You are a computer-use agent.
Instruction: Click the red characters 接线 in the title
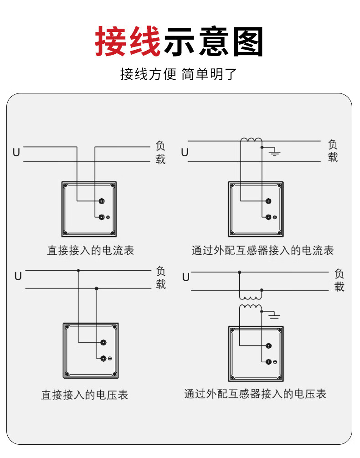tap(128, 41)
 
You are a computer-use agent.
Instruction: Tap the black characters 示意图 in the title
tap(213, 41)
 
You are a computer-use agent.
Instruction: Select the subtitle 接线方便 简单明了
tap(178, 74)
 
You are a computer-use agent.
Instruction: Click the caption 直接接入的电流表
tap(91, 251)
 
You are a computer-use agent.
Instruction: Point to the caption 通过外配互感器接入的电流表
tap(262, 251)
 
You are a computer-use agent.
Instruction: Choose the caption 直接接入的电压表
tap(85, 395)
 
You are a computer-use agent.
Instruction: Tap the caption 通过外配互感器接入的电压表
tap(255, 394)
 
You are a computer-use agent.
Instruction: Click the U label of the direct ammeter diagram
tap(16, 153)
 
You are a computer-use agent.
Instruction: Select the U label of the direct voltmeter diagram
tap(18, 276)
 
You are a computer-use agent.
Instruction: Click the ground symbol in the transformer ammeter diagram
tap(274, 151)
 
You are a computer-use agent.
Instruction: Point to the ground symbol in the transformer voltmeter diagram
tap(274, 315)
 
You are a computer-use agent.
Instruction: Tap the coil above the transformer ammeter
tap(251, 140)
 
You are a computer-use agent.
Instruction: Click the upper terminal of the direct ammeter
tap(101, 201)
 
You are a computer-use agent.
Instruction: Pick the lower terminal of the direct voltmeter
tap(103, 358)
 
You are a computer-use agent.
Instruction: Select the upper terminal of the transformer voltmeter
tap(268, 346)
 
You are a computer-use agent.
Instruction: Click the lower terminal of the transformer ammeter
tap(268, 217)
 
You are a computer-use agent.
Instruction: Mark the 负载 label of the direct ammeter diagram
tap(160, 153)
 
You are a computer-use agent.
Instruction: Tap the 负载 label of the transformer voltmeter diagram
tap(339, 280)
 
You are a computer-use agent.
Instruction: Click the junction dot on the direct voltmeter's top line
tap(78, 271)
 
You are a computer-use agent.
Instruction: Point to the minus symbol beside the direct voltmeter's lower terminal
tap(110, 359)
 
